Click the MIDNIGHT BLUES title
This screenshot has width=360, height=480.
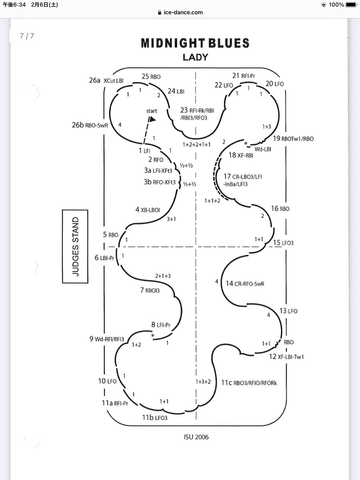[195, 43]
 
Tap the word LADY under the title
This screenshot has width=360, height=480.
[195, 57]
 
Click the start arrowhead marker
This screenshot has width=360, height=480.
[152, 119]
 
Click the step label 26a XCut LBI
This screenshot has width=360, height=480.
[106, 80]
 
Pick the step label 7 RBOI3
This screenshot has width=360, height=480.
[150, 290]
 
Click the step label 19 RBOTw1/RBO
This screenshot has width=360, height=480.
[293, 139]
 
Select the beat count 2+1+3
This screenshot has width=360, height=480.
[163, 276]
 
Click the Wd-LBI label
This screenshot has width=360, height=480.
[263, 149]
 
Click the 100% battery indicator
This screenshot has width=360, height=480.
[336, 4]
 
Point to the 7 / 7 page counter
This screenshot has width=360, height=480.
[27, 36]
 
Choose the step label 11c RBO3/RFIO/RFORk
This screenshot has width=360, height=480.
[249, 383]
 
